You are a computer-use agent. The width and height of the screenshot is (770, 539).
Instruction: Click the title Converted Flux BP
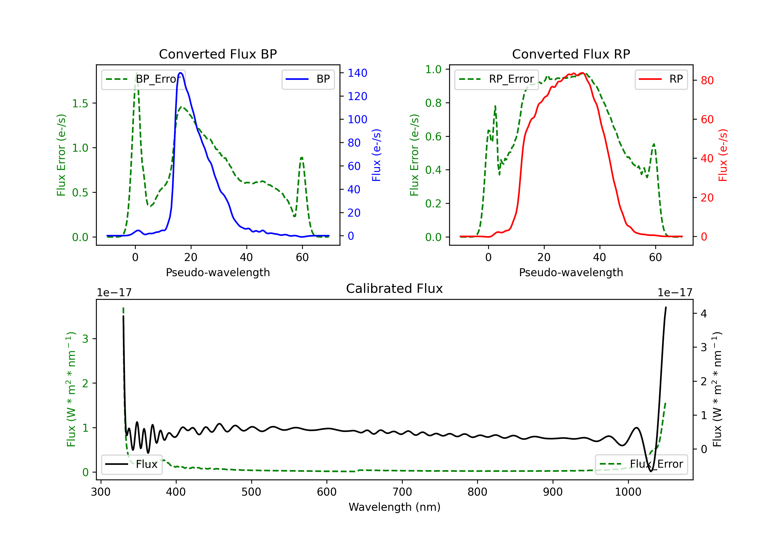tap(218, 54)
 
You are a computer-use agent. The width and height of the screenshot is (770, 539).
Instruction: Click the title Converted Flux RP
tap(571, 54)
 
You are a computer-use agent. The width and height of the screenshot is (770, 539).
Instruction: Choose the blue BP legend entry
tap(308, 79)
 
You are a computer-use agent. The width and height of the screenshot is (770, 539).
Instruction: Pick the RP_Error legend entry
tap(496, 79)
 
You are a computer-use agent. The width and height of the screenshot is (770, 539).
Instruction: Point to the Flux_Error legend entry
tap(641, 464)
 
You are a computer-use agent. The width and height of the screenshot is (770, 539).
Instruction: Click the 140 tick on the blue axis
tap(357, 73)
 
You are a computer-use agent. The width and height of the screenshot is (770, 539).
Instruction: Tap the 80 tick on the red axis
tap(707, 81)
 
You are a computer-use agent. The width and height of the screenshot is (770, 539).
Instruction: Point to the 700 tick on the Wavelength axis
tap(402, 492)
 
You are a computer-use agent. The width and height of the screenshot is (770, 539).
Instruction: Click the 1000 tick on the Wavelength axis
tap(628, 492)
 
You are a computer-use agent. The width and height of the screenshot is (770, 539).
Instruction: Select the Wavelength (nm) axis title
tap(394, 507)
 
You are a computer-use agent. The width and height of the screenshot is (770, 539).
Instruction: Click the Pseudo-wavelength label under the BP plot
tap(218, 272)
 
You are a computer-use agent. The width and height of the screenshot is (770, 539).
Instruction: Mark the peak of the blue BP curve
tap(180, 73)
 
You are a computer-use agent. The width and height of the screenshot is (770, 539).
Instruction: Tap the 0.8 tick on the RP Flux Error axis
tap(433, 103)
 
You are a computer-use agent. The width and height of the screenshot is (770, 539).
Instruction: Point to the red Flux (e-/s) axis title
tap(723, 155)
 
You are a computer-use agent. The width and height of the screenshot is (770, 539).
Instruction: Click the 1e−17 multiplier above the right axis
tap(675, 293)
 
